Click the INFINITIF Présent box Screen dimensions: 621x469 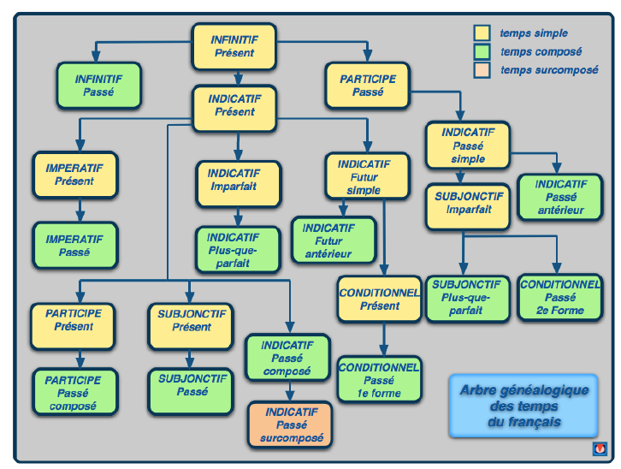[x=234, y=46]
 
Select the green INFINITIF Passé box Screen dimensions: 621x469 [x=98, y=86]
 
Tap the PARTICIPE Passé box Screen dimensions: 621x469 [x=367, y=86]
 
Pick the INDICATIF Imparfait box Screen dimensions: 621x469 [x=239, y=184]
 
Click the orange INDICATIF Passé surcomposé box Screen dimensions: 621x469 [x=290, y=424]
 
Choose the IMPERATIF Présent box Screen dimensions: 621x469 [x=75, y=175]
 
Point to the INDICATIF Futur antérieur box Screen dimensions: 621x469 [x=334, y=240]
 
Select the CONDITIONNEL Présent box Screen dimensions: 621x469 [x=380, y=299]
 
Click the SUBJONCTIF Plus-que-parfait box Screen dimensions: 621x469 [x=468, y=299]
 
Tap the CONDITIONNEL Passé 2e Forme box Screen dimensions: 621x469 [x=560, y=297]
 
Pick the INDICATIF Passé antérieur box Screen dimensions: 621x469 [x=560, y=197]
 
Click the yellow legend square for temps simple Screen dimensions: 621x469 [x=482, y=33]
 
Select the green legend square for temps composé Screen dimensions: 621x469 [x=482, y=51]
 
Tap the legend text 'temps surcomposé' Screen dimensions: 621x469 [x=549, y=70]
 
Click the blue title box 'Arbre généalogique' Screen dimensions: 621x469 [x=523, y=406]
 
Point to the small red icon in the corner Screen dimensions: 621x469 [x=600, y=448]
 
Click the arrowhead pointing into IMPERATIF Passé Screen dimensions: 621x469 [x=80, y=217]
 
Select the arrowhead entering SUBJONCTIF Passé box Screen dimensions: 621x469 [x=190, y=363]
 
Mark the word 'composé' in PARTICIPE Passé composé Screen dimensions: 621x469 [x=73, y=406]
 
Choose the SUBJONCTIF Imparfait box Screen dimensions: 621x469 [x=468, y=206]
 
